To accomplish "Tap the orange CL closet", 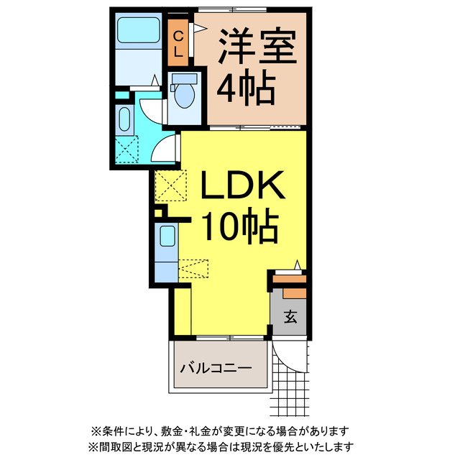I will (178, 42).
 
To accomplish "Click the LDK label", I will (237, 188).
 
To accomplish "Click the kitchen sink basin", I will (166, 236).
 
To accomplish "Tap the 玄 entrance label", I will (289, 316).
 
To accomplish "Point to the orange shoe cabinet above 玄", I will (294, 293).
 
